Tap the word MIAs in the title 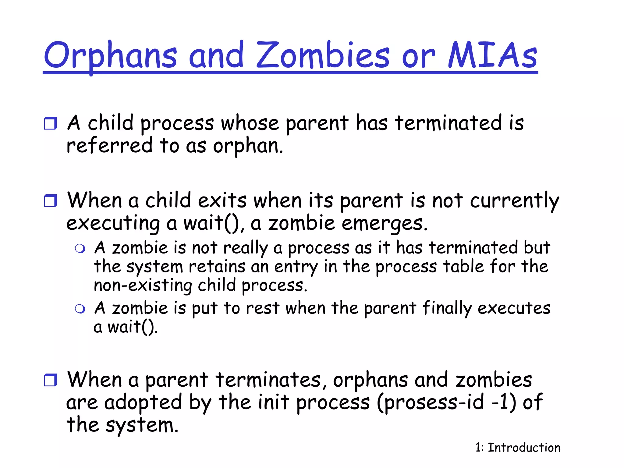click(492, 55)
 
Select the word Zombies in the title click(323, 55)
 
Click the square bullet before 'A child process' click(50, 123)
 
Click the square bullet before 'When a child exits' click(50, 201)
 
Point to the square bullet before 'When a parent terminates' click(50, 380)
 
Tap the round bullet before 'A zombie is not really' click(80, 249)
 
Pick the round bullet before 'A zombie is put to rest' click(80, 309)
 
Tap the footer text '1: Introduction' click(518, 448)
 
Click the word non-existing click(143, 285)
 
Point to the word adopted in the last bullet click(143, 402)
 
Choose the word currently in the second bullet click(514, 201)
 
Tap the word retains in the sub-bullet click(217, 267)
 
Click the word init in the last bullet click(273, 402)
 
